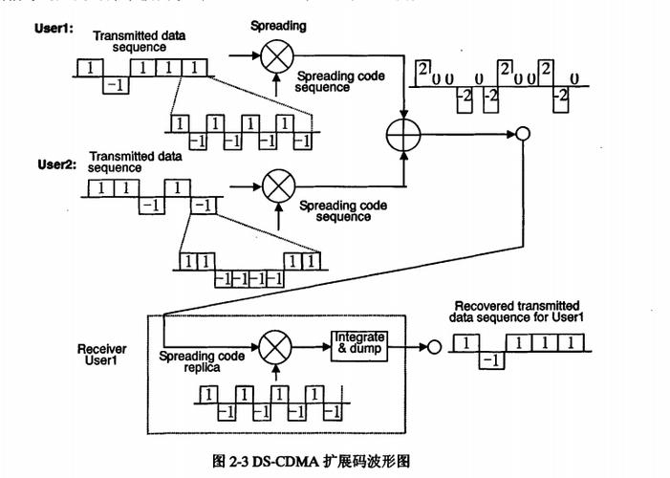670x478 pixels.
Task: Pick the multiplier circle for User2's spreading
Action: pyautogui.click(x=278, y=181)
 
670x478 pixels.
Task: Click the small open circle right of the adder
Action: pyautogui.click(x=522, y=135)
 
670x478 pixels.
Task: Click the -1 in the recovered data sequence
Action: pyautogui.click(x=488, y=360)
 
